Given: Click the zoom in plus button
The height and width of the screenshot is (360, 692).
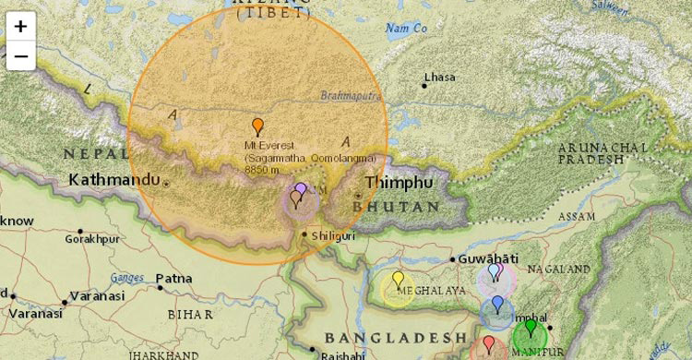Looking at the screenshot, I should pos(20,26).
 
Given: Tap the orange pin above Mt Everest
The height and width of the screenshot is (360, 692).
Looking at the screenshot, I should pos(257,127).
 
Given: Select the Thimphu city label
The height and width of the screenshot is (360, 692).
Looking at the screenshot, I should pos(398,183).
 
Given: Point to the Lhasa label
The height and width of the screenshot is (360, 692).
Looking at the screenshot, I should pos(439,77).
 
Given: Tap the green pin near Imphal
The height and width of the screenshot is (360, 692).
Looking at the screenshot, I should pos(530,329).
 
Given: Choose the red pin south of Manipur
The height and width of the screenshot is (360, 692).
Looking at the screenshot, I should pos(488,345).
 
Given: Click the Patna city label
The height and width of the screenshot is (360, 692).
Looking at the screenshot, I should pos(173,278).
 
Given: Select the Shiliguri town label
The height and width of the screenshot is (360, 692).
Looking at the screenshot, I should pos(332,234).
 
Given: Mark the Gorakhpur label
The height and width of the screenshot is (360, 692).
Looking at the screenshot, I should pos(92,238).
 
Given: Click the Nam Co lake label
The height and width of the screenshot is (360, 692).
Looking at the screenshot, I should pos(406,29).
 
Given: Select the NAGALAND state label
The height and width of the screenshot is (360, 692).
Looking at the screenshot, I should pos(558,270).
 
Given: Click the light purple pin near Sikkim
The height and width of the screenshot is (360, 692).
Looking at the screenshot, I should pos(301,191).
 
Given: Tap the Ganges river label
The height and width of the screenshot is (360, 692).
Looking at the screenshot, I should pos(127,277).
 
